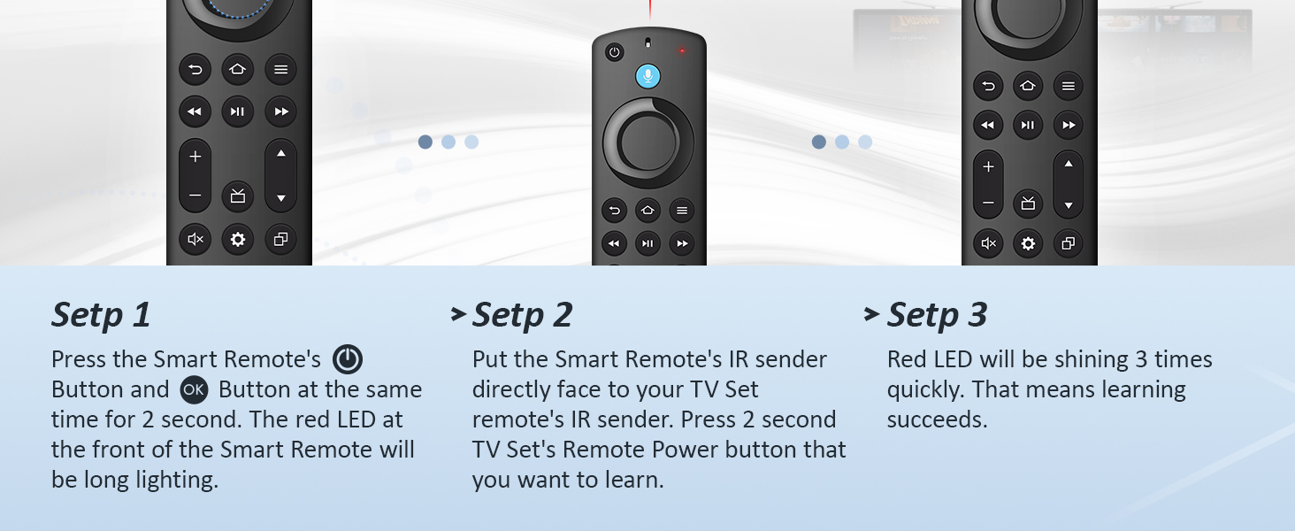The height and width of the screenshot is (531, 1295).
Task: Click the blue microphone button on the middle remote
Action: [x=647, y=76]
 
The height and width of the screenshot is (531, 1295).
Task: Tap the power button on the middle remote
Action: [x=615, y=52]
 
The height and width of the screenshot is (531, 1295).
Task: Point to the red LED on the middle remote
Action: [x=682, y=50]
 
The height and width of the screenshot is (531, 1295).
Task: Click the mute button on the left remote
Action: [x=195, y=239]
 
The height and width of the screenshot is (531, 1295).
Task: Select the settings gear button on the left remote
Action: [x=237, y=239]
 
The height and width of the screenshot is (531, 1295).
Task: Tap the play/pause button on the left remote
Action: [x=237, y=112]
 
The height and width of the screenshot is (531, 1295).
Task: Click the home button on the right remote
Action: [x=1027, y=86]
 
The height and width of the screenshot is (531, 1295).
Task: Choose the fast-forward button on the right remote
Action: [x=1069, y=125]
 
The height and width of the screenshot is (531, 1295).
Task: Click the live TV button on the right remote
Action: [x=1028, y=203]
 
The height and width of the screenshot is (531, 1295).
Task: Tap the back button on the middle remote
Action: [x=614, y=211]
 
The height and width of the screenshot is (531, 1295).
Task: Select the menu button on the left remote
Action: [x=280, y=69]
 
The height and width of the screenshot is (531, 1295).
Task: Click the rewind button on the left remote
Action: [x=195, y=112]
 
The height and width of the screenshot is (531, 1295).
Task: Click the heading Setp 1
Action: [x=101, y=315]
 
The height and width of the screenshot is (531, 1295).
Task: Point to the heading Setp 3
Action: [x=937, y=315]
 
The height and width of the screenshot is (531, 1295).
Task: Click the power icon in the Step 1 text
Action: [x=348, y=359]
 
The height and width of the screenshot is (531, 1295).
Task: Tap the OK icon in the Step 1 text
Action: [x=193, y=389]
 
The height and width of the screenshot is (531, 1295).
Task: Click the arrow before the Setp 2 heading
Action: [x=457, y=313]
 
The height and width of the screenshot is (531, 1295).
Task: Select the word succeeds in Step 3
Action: [x=937, y=419]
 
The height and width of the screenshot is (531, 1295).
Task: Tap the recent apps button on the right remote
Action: [x=1069, y=243]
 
